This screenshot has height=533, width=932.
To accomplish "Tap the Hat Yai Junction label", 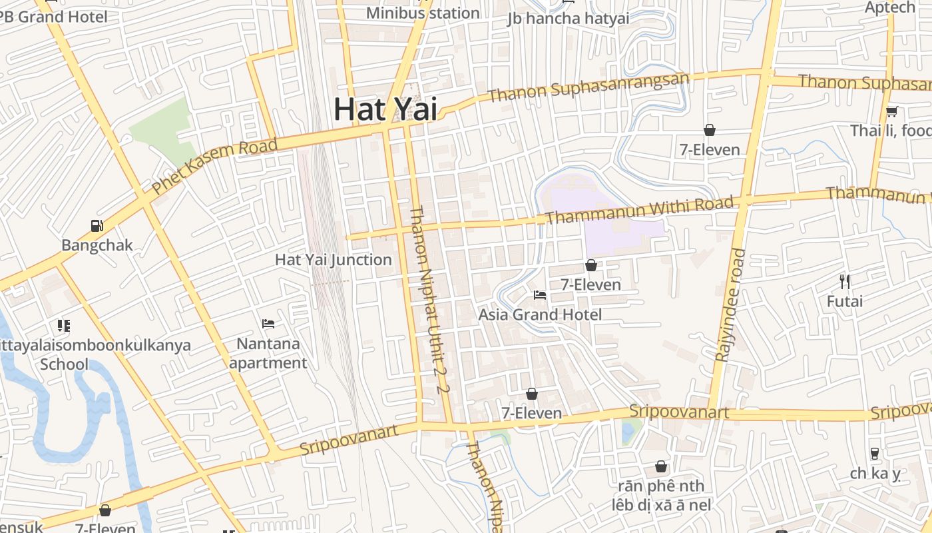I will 333,260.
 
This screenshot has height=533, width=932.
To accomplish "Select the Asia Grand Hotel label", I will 540,314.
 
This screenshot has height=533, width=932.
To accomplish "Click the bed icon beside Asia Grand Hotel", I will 540,294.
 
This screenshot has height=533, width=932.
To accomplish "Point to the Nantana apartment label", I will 268,353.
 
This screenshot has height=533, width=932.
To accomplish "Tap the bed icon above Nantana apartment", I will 268,324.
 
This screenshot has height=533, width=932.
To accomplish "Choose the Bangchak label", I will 97,245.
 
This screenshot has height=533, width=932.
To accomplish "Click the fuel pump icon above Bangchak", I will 97,225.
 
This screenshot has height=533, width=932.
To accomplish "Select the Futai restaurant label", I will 844,301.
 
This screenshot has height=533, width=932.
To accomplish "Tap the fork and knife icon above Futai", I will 845,281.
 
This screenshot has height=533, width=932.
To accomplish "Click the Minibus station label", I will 423,13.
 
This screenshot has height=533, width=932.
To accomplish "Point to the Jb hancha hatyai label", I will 568,18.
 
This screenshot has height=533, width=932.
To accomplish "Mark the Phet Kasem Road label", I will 214,167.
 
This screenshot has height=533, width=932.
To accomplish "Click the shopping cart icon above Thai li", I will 891,111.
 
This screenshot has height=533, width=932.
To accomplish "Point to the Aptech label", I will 890,7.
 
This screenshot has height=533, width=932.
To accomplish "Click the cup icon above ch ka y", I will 874,454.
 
